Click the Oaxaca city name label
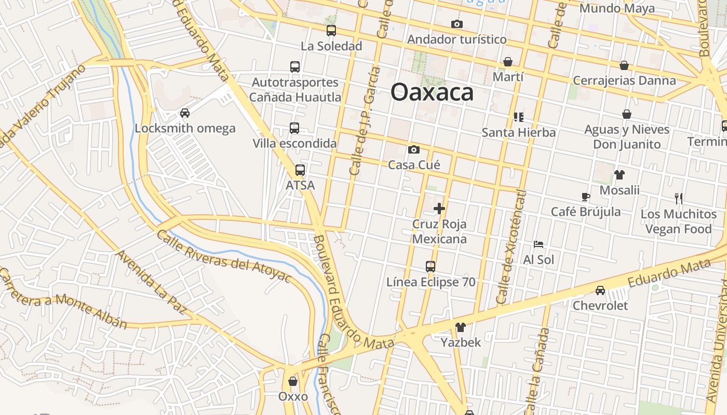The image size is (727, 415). pos(432,93)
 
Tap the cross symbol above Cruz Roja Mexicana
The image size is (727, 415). pos(439,209)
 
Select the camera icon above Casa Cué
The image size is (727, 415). pos(414,150)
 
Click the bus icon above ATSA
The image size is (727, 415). pos(300,170)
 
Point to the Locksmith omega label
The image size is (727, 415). pos(185,128)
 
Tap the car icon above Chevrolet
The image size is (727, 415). pos(600,290)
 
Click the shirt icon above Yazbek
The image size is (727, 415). pos(460,327)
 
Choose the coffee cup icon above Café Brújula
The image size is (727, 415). pos(586,197)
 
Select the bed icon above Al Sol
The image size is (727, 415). pos(538,244)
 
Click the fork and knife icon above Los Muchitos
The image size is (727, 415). pos(678,198)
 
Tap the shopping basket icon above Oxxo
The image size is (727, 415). pos(293,381)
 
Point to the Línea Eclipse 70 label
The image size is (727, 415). pos(430,282)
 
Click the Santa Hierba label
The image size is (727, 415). pos(518,132)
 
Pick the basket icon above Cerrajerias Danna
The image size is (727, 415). pos(624,65)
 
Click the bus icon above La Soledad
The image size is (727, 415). pos(331,31)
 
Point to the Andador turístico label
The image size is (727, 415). pos(456,39)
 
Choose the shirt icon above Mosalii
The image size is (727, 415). pos(619,175)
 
